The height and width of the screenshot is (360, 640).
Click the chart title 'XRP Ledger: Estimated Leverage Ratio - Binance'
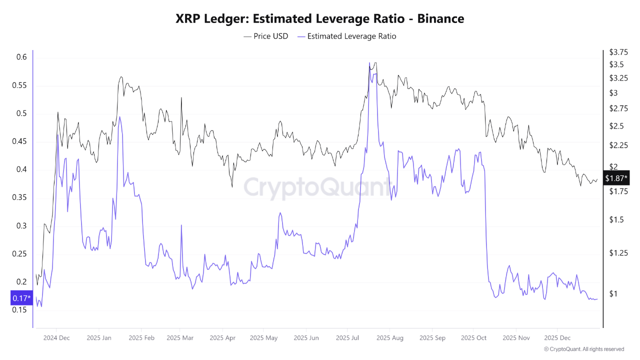pos(320,18)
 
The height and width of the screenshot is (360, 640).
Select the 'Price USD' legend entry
pos(266,36)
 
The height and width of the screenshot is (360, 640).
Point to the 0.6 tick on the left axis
pos(20,57)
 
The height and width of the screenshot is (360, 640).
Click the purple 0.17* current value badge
pos(21,299)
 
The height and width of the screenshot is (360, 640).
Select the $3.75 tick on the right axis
pos(618,52)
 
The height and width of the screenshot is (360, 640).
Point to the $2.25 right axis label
pos(618,145)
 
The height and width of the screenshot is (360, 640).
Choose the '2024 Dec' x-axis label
pos(56,337)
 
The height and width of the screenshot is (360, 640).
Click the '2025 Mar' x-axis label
pos(180,337)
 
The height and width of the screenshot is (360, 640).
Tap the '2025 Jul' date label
pos(347,337)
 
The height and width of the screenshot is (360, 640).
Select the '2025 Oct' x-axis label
pos(474,337)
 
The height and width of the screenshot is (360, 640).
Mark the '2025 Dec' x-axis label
pos(557,337)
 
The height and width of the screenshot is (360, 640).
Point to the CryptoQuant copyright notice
pos(584,349)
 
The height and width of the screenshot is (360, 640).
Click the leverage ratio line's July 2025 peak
pos(369,63)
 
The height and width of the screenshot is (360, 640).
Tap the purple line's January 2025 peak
pos(119,117)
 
